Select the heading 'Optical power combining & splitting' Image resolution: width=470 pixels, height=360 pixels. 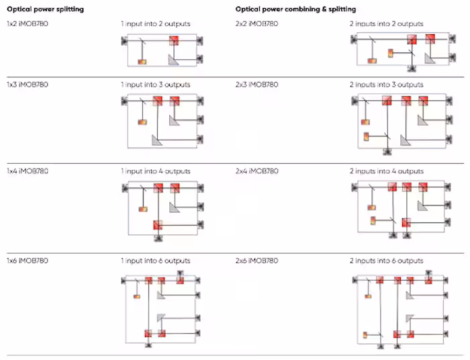pos(295,9)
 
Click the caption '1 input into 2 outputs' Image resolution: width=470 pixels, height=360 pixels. pos(155,24)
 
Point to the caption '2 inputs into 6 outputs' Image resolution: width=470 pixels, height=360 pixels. pos(386,261)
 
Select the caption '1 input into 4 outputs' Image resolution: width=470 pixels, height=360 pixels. pos(155,171)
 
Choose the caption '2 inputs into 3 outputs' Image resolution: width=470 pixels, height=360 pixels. pos(386,85)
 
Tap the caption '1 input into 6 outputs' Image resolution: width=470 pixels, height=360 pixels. pos(155,261)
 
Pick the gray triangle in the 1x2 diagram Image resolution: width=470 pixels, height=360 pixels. pos(173,60)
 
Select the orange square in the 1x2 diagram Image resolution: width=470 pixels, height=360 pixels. pos(142,62)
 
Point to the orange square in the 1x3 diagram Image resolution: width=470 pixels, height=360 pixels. pos(142,122)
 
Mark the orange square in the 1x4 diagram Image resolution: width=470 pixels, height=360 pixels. pos(142,210)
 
